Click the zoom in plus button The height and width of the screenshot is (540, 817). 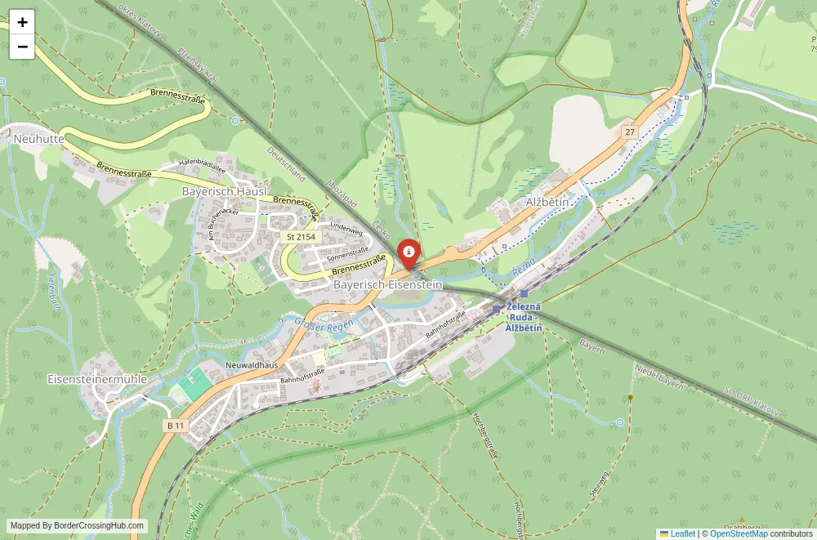[22, 22]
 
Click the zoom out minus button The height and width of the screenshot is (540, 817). [22, 47]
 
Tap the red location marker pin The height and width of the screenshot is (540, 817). [408, 252]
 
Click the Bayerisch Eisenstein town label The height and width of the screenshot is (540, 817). [387, 284]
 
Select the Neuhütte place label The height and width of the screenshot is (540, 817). [38, 140]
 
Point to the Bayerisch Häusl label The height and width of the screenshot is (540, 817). [224, 190]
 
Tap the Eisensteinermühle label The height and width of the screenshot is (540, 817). [97, 379]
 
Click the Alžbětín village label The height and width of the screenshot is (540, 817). [547, 202]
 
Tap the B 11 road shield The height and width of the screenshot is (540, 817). [176, 425]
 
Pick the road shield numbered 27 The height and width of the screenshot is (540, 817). [628, 132]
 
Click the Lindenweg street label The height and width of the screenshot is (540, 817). [346, 231]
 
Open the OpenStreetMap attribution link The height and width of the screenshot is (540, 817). [739, 533]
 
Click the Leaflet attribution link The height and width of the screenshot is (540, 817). [677, 533]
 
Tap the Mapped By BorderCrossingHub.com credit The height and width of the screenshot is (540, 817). [78, 526]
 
